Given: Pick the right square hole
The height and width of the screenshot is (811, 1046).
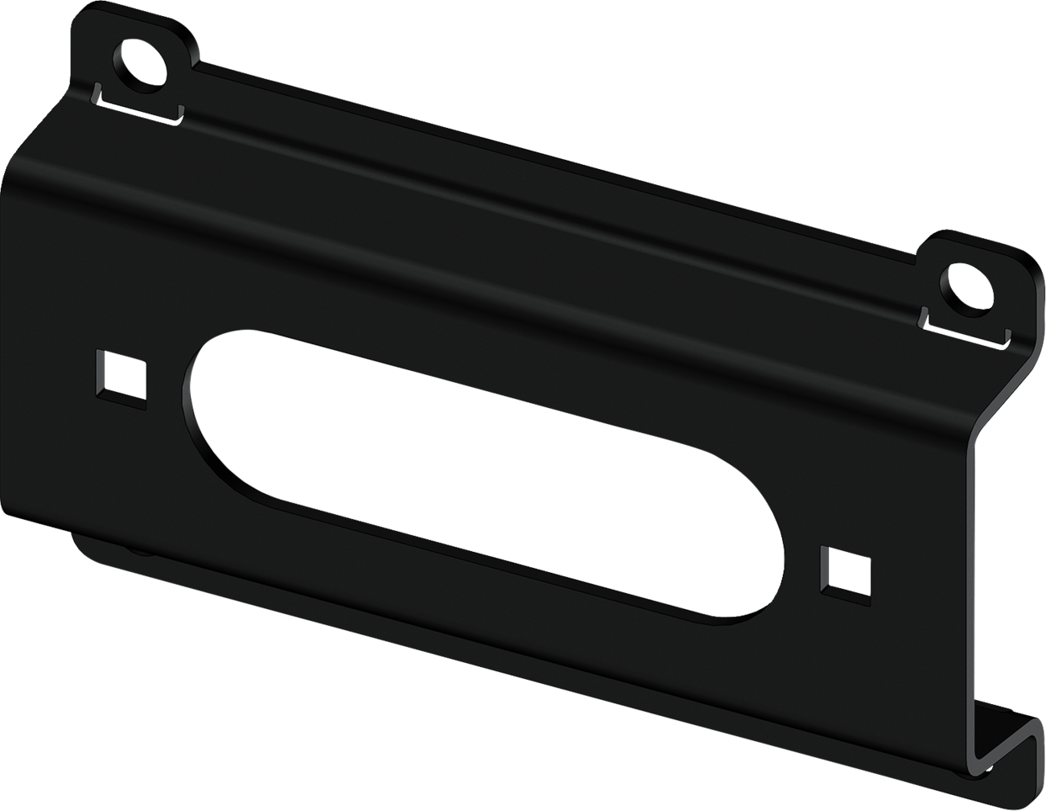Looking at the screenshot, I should [846, 573].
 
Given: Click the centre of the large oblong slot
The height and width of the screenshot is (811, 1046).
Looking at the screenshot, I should [483, 475].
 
